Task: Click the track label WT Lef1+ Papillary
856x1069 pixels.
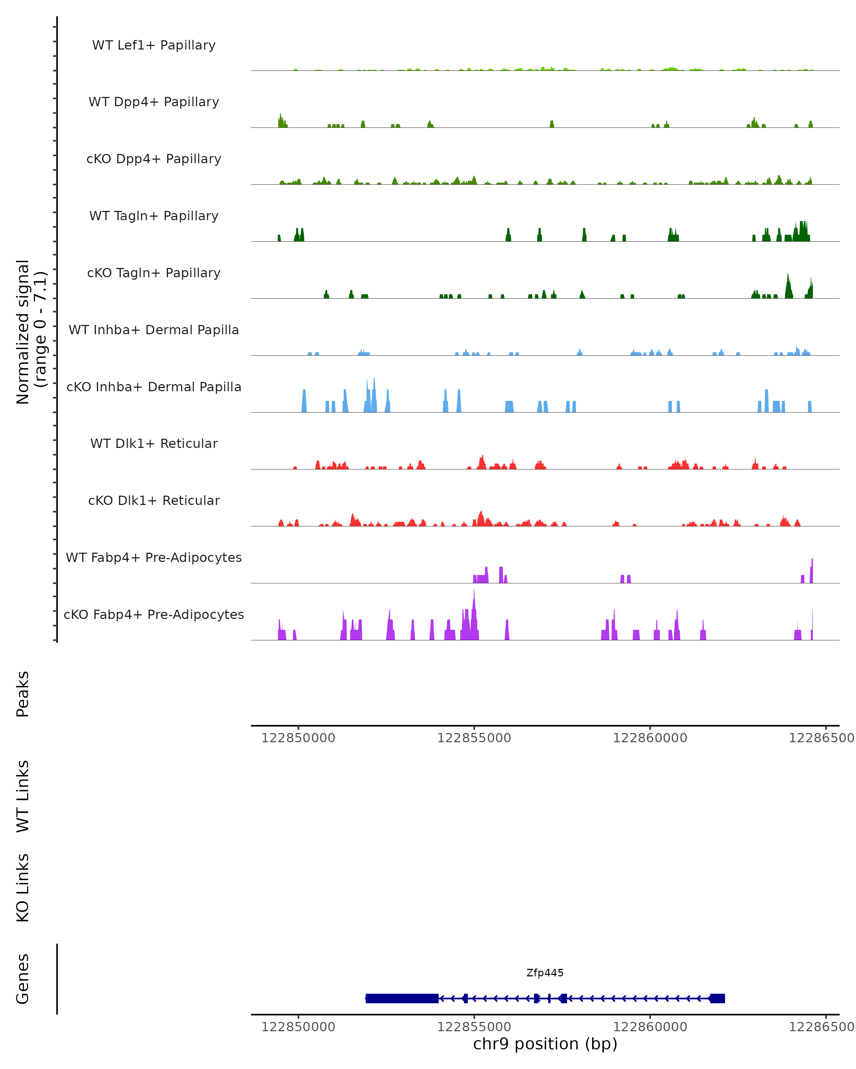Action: pos(154,45)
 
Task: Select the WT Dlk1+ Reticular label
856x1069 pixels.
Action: pos(154,443)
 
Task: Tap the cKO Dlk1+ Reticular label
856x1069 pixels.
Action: pos(154,500)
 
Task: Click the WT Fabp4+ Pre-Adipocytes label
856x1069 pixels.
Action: pos(154,557)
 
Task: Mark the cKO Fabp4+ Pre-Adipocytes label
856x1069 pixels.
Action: pos(154,614)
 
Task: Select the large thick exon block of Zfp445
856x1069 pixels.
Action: pos(402,998)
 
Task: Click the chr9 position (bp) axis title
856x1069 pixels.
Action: pos(545,1044)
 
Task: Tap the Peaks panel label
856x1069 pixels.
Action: pos(23,694)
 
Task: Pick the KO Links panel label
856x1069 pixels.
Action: pos(23,888)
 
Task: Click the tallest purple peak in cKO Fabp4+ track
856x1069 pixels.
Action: pos(474,595)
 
